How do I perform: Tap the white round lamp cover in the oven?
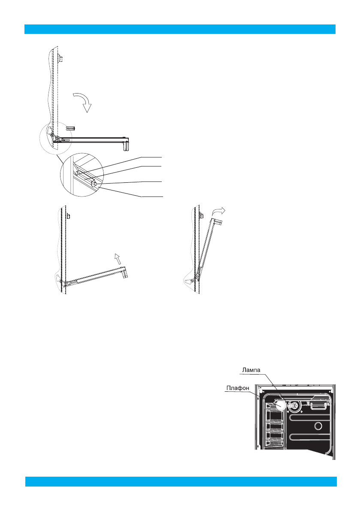point(280,405)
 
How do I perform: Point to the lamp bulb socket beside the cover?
point(293,404)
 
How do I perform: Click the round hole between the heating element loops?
point(318,426)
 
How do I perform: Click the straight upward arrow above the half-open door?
point(117,258)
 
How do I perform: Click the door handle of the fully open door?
point(126,144)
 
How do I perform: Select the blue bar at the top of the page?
point(180,29)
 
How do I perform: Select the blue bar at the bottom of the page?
point(181,481)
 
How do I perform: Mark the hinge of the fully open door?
point(54,136)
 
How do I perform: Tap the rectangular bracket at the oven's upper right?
point(318,404)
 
